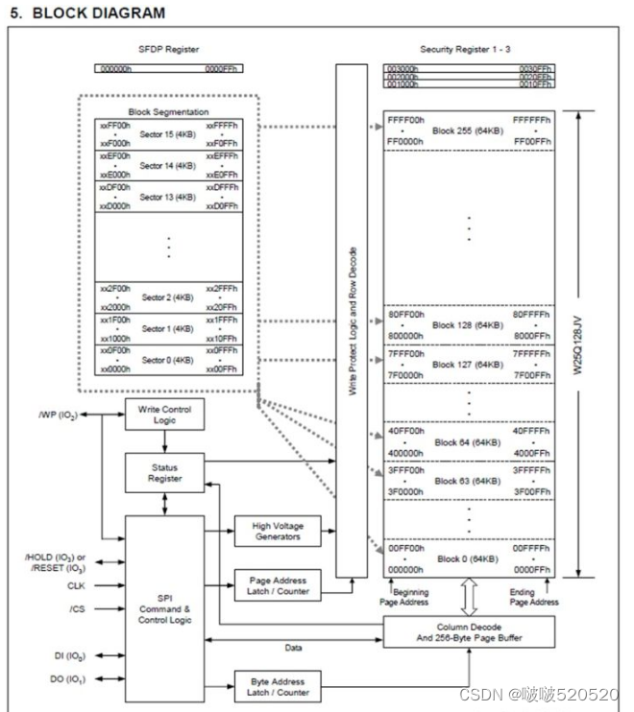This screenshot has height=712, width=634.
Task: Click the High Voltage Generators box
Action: coord(276,531)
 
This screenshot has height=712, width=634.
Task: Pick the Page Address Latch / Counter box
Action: coord(276,585)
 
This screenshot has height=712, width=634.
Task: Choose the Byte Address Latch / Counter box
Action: coord(276,686)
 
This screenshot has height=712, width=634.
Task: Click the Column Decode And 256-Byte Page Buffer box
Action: coord(468,630)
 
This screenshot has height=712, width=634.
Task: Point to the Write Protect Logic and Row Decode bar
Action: coord(352,321)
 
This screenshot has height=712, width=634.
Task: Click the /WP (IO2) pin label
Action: coord(57,415)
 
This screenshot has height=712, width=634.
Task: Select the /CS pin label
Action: coord(76,607)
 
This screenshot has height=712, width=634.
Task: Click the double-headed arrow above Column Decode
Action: coord(468,597)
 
